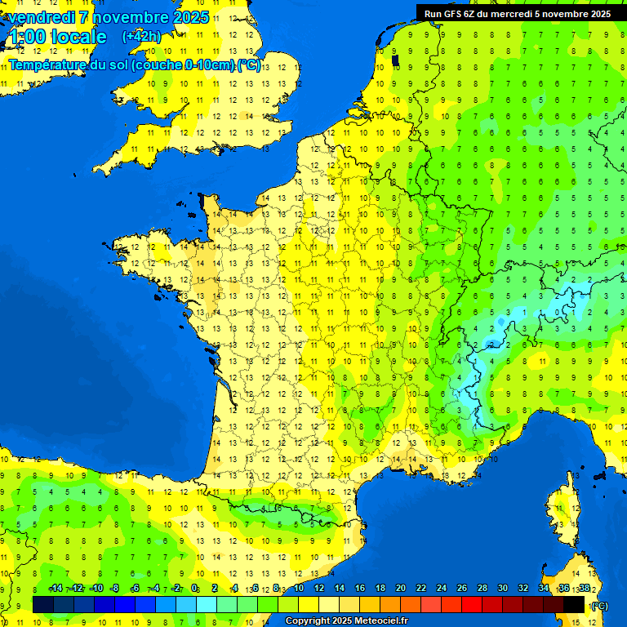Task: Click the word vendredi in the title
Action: click(42, 17)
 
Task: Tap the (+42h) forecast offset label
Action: click(141, 37)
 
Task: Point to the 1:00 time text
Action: click(28, 37)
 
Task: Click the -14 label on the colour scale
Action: click(56, 589)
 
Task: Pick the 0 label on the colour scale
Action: click(194, 589)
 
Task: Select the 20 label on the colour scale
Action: click(400, 589)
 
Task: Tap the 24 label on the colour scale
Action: click(441, 589)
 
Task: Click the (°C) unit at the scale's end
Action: click(599, 605)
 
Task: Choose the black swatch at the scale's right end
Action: click(574, 604)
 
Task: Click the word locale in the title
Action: click(79, 37)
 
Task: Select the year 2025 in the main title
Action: click(190, 17)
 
